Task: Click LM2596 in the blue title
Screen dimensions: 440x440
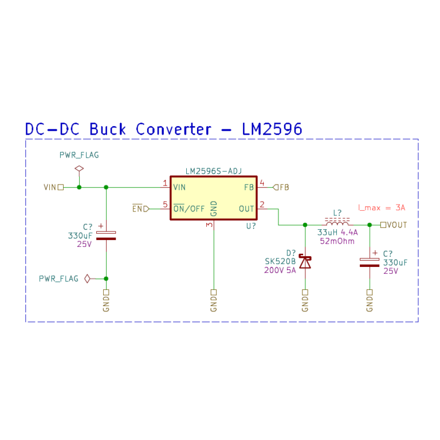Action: [x=272, y=129]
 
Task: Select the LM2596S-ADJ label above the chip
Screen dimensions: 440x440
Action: [x=213, y=171]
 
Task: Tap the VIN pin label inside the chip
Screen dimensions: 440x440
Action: [x=179, y=187]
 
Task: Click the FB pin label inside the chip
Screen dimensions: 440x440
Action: [x=249, y=187]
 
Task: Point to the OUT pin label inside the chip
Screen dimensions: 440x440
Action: [x=246, y=209]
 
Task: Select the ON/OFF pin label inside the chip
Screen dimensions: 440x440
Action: [x=189, y=209]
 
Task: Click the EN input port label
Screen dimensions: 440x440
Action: [x=137, y=209]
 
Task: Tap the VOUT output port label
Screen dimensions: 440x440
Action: [x=396, y=225]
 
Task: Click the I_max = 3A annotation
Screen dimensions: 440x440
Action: [x=381, y=207]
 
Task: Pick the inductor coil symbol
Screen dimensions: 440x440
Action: [x=337, y=223]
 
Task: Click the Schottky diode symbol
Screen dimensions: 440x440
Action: [x=305, y=262]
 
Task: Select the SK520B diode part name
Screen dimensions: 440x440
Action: [x=280, y=261]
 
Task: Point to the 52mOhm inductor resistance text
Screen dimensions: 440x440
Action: [x=337, y=241]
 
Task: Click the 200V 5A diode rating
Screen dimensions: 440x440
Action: [x=280, y=270]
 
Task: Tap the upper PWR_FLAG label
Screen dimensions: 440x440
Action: [x=79, y=155]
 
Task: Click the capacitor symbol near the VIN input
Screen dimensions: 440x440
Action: [x=106, y=235]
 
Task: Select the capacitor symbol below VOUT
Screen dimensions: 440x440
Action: [x=370, y=262]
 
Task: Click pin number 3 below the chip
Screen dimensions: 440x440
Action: [x=209, y=225]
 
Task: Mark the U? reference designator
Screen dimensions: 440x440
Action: [x=251, y=226]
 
